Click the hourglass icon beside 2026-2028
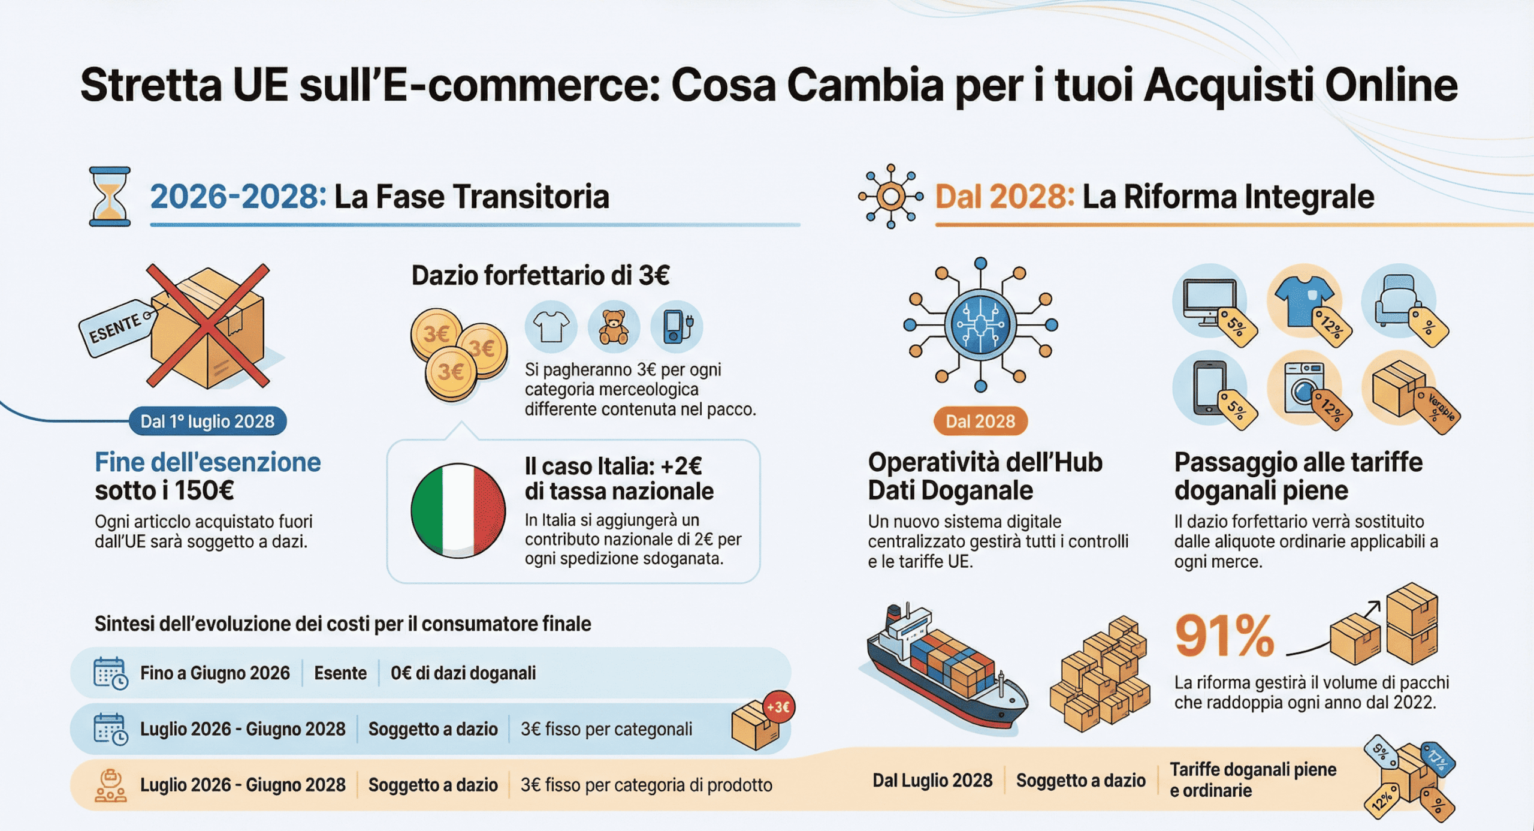110,197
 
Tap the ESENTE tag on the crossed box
115,328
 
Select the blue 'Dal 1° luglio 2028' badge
207,421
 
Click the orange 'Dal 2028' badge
980,421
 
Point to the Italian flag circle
458,510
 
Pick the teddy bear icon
614,327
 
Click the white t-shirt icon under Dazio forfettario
551,327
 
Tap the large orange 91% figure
1224,636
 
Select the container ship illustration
944,669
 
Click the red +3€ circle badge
778,707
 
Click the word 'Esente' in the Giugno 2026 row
340,673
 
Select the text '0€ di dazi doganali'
463,673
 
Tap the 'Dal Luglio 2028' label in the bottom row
932,781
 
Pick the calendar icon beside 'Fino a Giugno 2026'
110,673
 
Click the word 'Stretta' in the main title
151,85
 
